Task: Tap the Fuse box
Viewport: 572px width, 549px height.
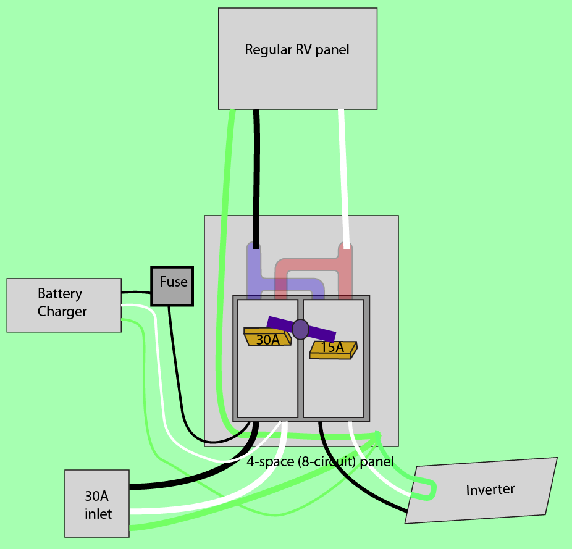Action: [172, 286]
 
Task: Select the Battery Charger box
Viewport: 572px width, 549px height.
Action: [64, 305]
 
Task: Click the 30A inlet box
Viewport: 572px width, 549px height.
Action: [97, 503]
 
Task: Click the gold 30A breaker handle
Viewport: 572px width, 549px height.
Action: [267, 337]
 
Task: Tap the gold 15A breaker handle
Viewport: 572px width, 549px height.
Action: [333, 349]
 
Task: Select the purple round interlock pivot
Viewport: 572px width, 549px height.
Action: [300, 329]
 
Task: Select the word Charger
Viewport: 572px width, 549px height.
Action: [62, 312]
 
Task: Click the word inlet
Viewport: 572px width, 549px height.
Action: [98, 513]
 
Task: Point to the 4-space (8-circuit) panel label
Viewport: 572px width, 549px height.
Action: [320, 461]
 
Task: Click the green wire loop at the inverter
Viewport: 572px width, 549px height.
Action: [426, 491]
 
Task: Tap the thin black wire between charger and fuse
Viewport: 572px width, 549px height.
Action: [136, 292]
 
